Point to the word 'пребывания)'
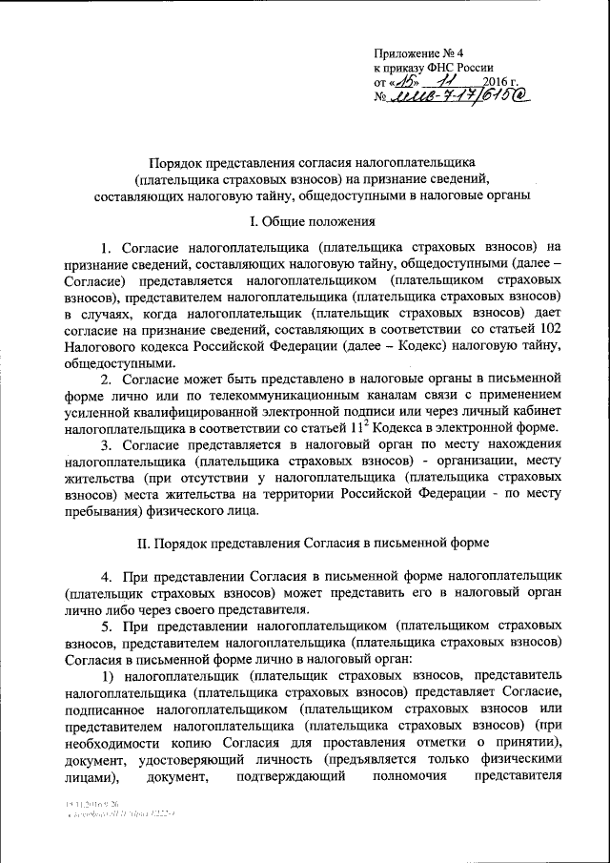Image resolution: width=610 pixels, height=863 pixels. [102, 509]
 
